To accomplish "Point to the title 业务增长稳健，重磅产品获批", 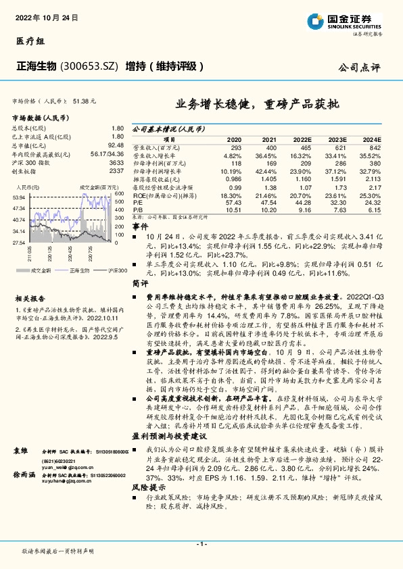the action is pos(234,105).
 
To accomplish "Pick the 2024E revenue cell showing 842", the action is pos(373,147).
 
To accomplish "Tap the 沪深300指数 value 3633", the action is pos(116,164).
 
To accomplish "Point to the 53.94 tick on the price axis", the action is pos(19,197).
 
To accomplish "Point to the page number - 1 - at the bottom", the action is pos(201,544).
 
